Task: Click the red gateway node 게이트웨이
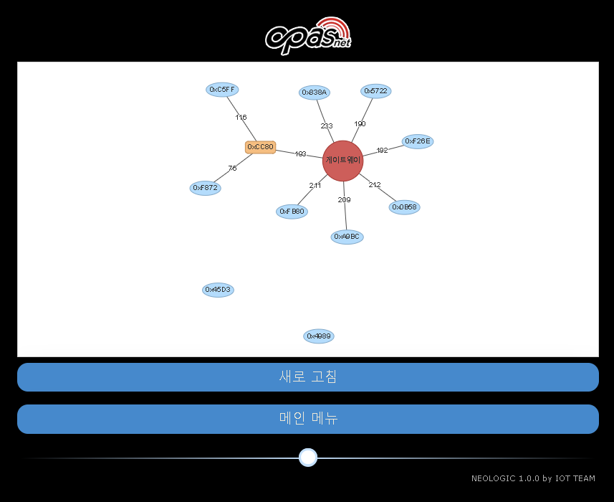click(x=343, y=161)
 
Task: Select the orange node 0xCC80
click(x=260, y=147)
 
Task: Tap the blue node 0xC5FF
click(x=222, y=90)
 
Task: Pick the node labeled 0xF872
click(x=205, y=188)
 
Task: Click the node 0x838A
click(x=314, y=93)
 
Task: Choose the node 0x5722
click(x=375, y=91)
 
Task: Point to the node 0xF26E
click(x=417, y=141)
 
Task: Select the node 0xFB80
click(x=292, y=212)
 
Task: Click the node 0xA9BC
click(x=347, y=237)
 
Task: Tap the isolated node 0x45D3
click(x=218, y=290)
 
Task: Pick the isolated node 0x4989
click(x=319, y=336)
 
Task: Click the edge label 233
click(x=327, y=126)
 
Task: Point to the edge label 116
click(x=241, y=118)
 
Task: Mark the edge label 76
click(x=232, y=169)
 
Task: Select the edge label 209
click(x=344, y=199)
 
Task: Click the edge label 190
click(x=360, y=124)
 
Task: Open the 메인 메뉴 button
click(x=307, y=419)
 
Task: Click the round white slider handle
click(x=308, y=458)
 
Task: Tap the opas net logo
click(x=308, y=35)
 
